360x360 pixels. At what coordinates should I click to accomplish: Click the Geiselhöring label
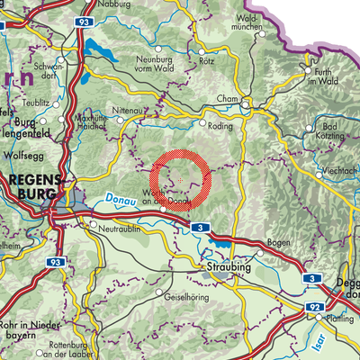coord(176,294)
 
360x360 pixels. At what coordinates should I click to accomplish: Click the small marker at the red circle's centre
coord(180,181)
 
